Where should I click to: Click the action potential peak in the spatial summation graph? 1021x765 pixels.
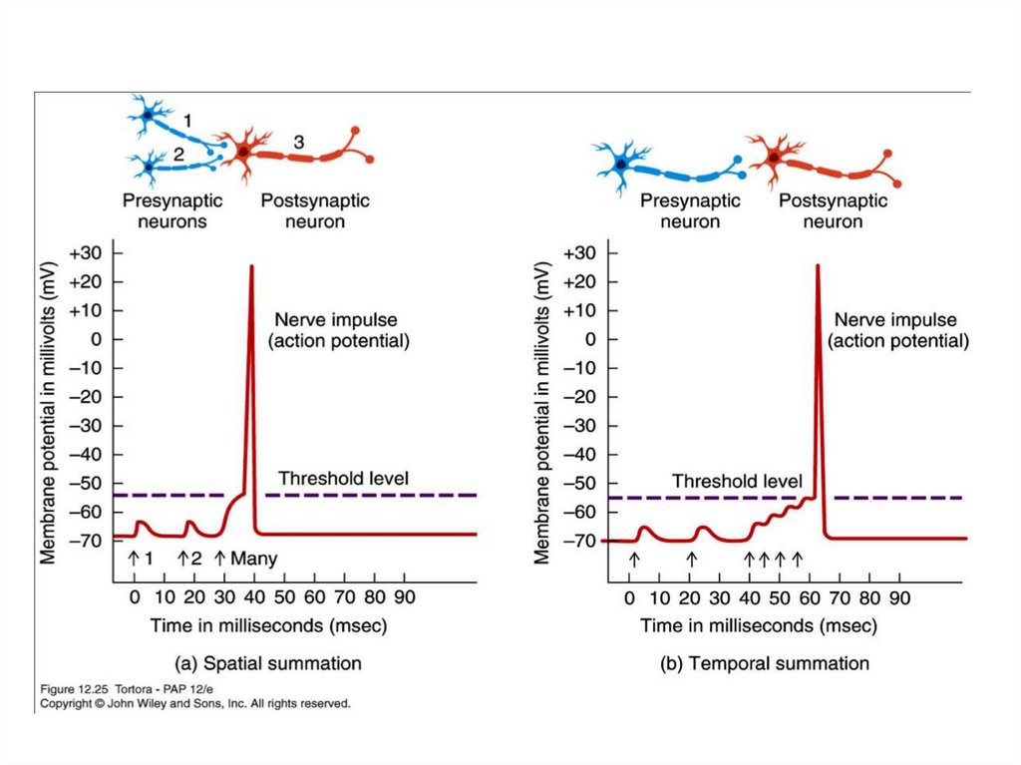click(x=251, y=267)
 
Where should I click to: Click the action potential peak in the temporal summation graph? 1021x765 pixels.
click(x=818, y=266)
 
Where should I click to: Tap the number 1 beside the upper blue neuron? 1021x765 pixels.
click(x=186, y=120)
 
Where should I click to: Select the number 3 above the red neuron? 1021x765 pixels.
click(x=299, y=143)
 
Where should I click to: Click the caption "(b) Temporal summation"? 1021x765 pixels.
click(x=765, y=663)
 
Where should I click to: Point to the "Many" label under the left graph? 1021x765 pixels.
click(x=253, y=559)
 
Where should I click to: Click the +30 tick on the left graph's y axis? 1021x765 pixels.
click(x=87, y=252)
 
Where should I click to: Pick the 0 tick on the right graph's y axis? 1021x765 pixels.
click(x=589, y=340)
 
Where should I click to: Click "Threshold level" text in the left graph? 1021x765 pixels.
click(x=343, y=479)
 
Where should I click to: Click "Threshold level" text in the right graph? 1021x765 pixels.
click(x=737, y=482)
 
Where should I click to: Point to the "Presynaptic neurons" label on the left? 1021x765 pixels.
click(x=171, y=210)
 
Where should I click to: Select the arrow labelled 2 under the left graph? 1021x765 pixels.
click(x=183, y=558)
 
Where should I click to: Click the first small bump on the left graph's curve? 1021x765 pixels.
click(x=141, y=523)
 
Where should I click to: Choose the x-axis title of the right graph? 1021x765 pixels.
click(x=758, y=625)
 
